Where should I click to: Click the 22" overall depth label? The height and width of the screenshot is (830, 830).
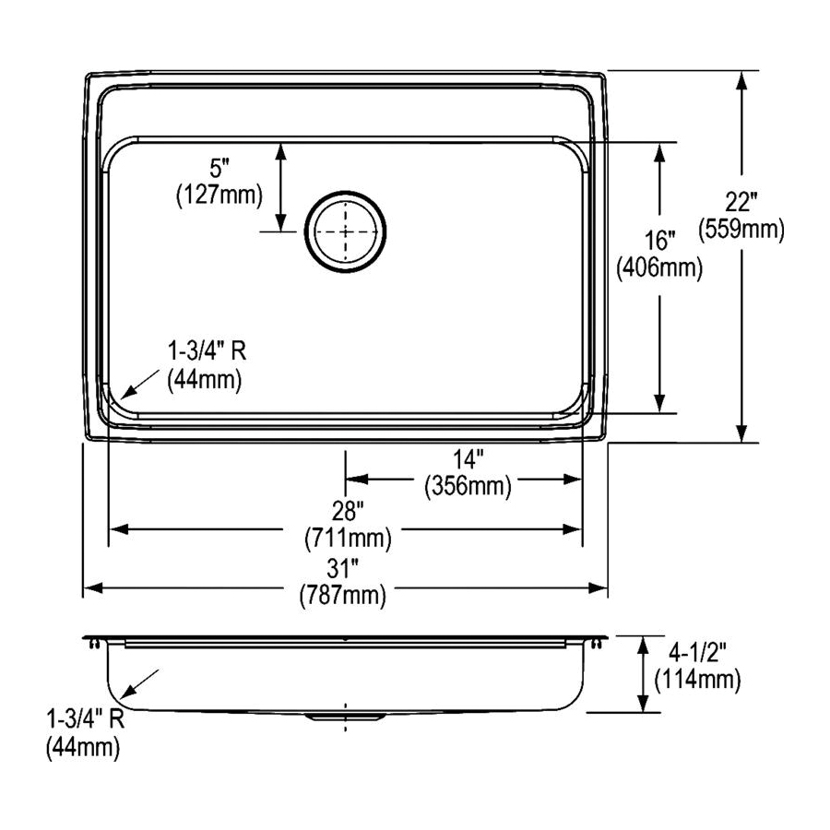coord(741,202)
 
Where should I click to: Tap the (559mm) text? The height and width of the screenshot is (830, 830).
coord(741,230)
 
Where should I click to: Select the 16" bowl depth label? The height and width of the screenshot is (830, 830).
coord(659,241)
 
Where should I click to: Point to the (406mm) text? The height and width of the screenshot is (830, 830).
coord(659,267)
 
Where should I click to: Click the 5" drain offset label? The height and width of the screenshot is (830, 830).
coord(219,169)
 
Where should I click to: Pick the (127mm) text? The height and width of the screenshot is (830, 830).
coord(219,196)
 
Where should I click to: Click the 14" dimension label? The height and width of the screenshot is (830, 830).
coord(468,459)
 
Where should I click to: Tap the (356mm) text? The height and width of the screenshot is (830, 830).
coord(468,486)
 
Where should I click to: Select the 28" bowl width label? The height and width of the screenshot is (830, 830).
coord(348,511)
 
